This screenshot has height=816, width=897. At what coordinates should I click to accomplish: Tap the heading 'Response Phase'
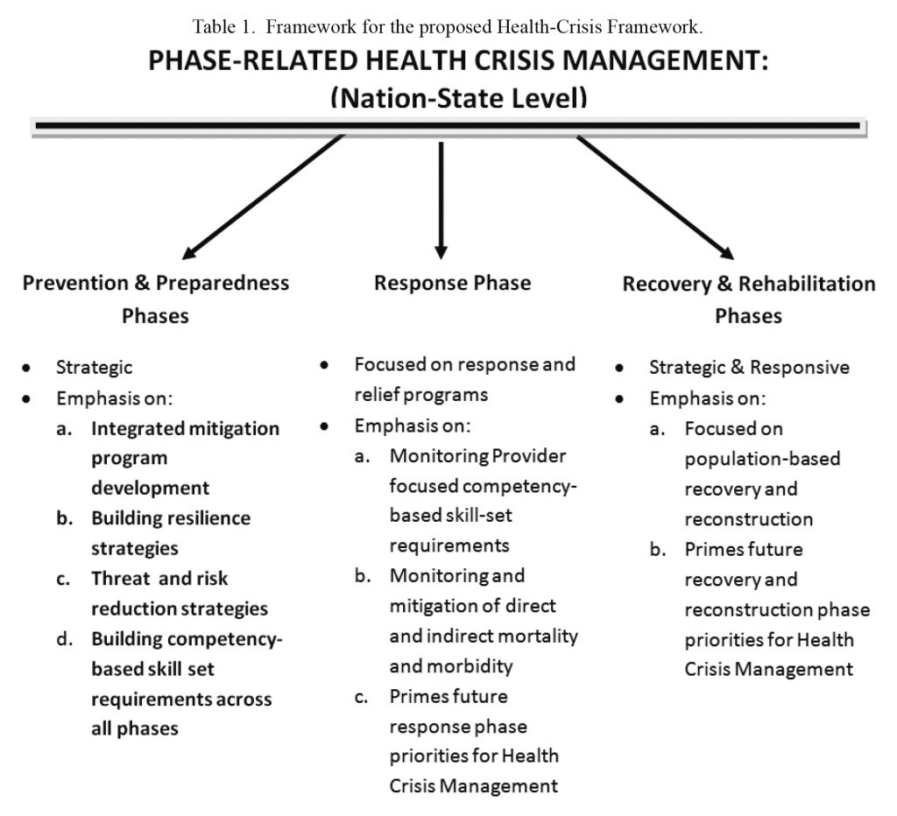pos(452,283)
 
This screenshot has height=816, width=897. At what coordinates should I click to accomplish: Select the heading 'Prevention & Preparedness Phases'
pos(156,299)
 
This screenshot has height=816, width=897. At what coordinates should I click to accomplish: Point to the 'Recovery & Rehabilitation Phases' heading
pos(748,299)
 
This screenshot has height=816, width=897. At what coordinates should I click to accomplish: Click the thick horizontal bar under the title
pos(448,127)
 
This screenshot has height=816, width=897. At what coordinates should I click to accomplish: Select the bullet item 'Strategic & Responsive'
pos(749,368)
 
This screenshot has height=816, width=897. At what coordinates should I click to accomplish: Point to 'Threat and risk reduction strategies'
pos(180,593)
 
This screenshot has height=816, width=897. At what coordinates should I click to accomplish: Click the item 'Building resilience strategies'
pos(171,532)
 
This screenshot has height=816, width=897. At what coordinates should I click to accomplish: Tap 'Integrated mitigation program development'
pos(185,458)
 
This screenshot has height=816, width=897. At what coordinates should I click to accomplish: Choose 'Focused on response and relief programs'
pos(464,378)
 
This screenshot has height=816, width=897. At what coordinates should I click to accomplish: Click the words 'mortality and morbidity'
pos(483,651)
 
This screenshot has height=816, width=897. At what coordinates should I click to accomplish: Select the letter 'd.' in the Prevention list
pos(64,639)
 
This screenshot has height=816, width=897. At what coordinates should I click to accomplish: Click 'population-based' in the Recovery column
pos(762,459)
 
